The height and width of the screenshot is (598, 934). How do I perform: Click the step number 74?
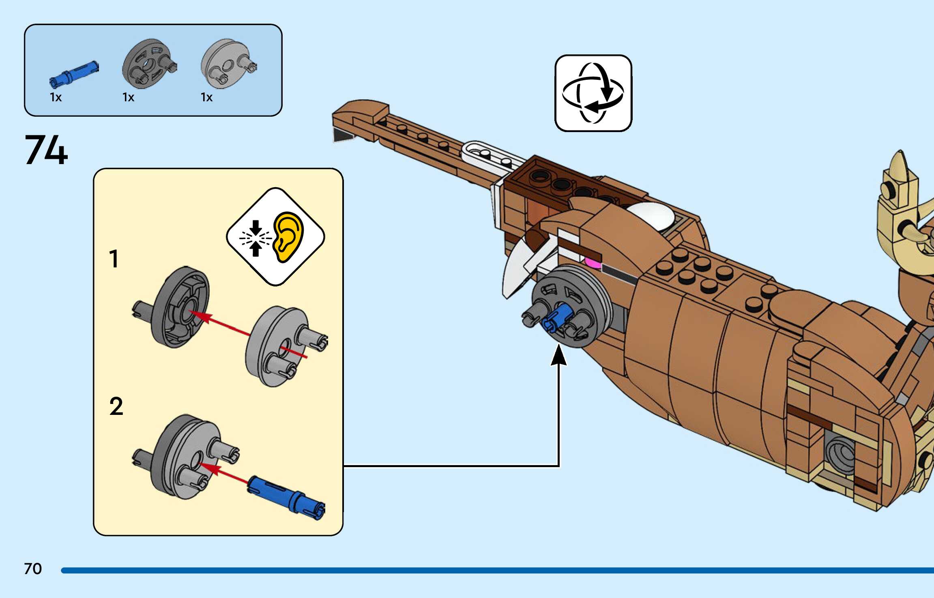pyautogui.click(x=46, y=150)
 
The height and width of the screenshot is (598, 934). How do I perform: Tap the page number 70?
pyautogui.click(x=33, y=569)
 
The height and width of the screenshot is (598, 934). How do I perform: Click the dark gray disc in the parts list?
pyautogui.click(x=148, y=64)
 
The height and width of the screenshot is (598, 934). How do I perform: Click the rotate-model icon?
pyautogui.click(x=593, y=93)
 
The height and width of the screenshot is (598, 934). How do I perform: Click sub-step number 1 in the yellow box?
pyautogui.click(x=114, y=259)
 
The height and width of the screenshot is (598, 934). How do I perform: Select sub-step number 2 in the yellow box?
pyautogui.click(x=116, y=406)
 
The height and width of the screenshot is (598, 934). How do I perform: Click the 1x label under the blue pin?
pyautogui.click(x=56, y=97)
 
